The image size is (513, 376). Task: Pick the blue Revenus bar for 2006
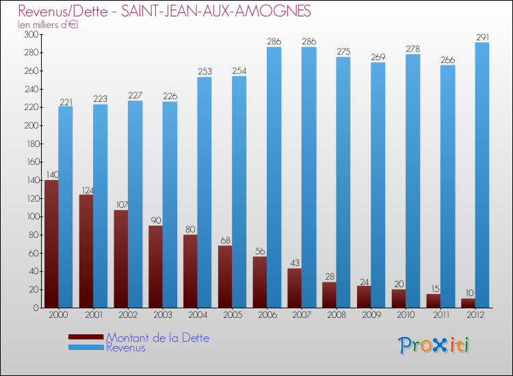[274, 177]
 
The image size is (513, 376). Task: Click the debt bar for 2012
[468, 303]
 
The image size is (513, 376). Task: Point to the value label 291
[482, 38]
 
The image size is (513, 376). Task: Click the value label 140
[51, 175]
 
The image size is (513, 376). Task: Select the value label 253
[205, 72]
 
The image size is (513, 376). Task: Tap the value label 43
[294, 263]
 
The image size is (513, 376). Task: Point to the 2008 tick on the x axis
[336, 316]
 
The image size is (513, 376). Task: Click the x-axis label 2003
[163, 316]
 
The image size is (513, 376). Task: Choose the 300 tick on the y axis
[31, 34]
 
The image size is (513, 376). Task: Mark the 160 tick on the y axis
[31, 162]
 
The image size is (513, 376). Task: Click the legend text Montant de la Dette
[157, 338]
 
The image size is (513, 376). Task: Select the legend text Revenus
[126, 347]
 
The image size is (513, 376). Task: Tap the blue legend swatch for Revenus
[86, 347]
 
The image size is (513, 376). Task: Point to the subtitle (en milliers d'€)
[49, 25]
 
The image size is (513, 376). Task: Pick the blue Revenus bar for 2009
[378, 185]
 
